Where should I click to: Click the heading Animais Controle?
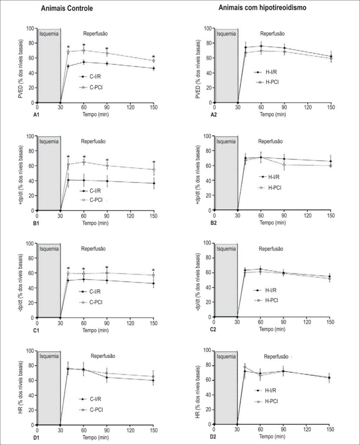click(67, 8)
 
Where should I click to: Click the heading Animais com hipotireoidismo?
click(262, 8)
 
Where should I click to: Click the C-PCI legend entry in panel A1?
click(91, 87)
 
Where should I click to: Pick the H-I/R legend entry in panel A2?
click(266, 72)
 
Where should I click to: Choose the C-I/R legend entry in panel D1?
click(90, 399)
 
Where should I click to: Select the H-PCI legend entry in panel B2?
click(270, 188)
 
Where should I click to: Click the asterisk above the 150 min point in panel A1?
click(153, 57)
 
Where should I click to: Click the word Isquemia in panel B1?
click(49, 141)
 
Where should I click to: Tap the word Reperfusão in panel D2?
click(276, 356)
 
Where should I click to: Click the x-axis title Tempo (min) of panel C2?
click(272, 329)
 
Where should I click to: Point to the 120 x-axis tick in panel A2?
click(307, 107)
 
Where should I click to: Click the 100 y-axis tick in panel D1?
click(30, 351)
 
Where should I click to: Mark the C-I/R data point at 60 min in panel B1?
click(83, 180)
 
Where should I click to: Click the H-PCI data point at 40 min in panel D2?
click(245, 367)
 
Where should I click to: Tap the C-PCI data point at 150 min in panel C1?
click(153, 275)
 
